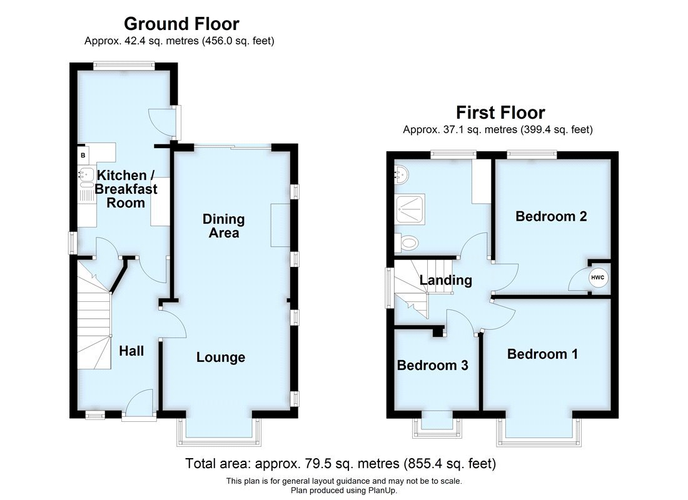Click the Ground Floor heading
point(181,24)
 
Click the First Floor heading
point(500,112)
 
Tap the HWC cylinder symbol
point(597,277)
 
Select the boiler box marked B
point(83,154)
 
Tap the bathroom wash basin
point(400,173)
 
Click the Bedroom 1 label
point(542,354)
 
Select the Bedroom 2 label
point(551,217)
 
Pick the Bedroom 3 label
point(432,365)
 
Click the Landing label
point(445,280)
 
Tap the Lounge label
point(220,357)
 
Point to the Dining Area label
point(223,226)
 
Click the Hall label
point(131,351)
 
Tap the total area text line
point(340,464)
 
